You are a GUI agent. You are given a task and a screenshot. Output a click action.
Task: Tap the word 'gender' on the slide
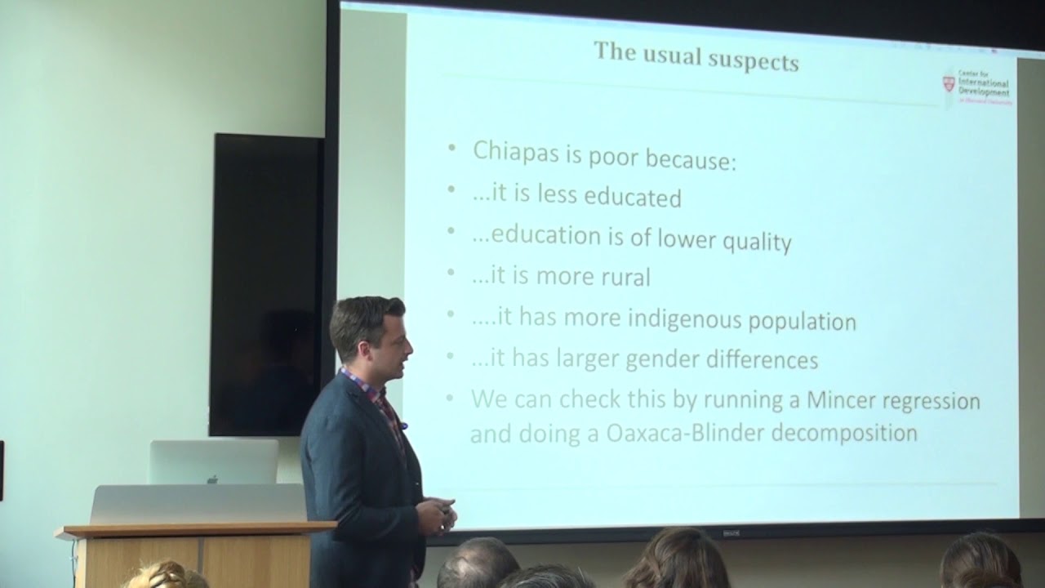click(663, 359)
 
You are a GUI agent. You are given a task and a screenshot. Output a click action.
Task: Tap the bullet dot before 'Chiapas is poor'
click(452, 149)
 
